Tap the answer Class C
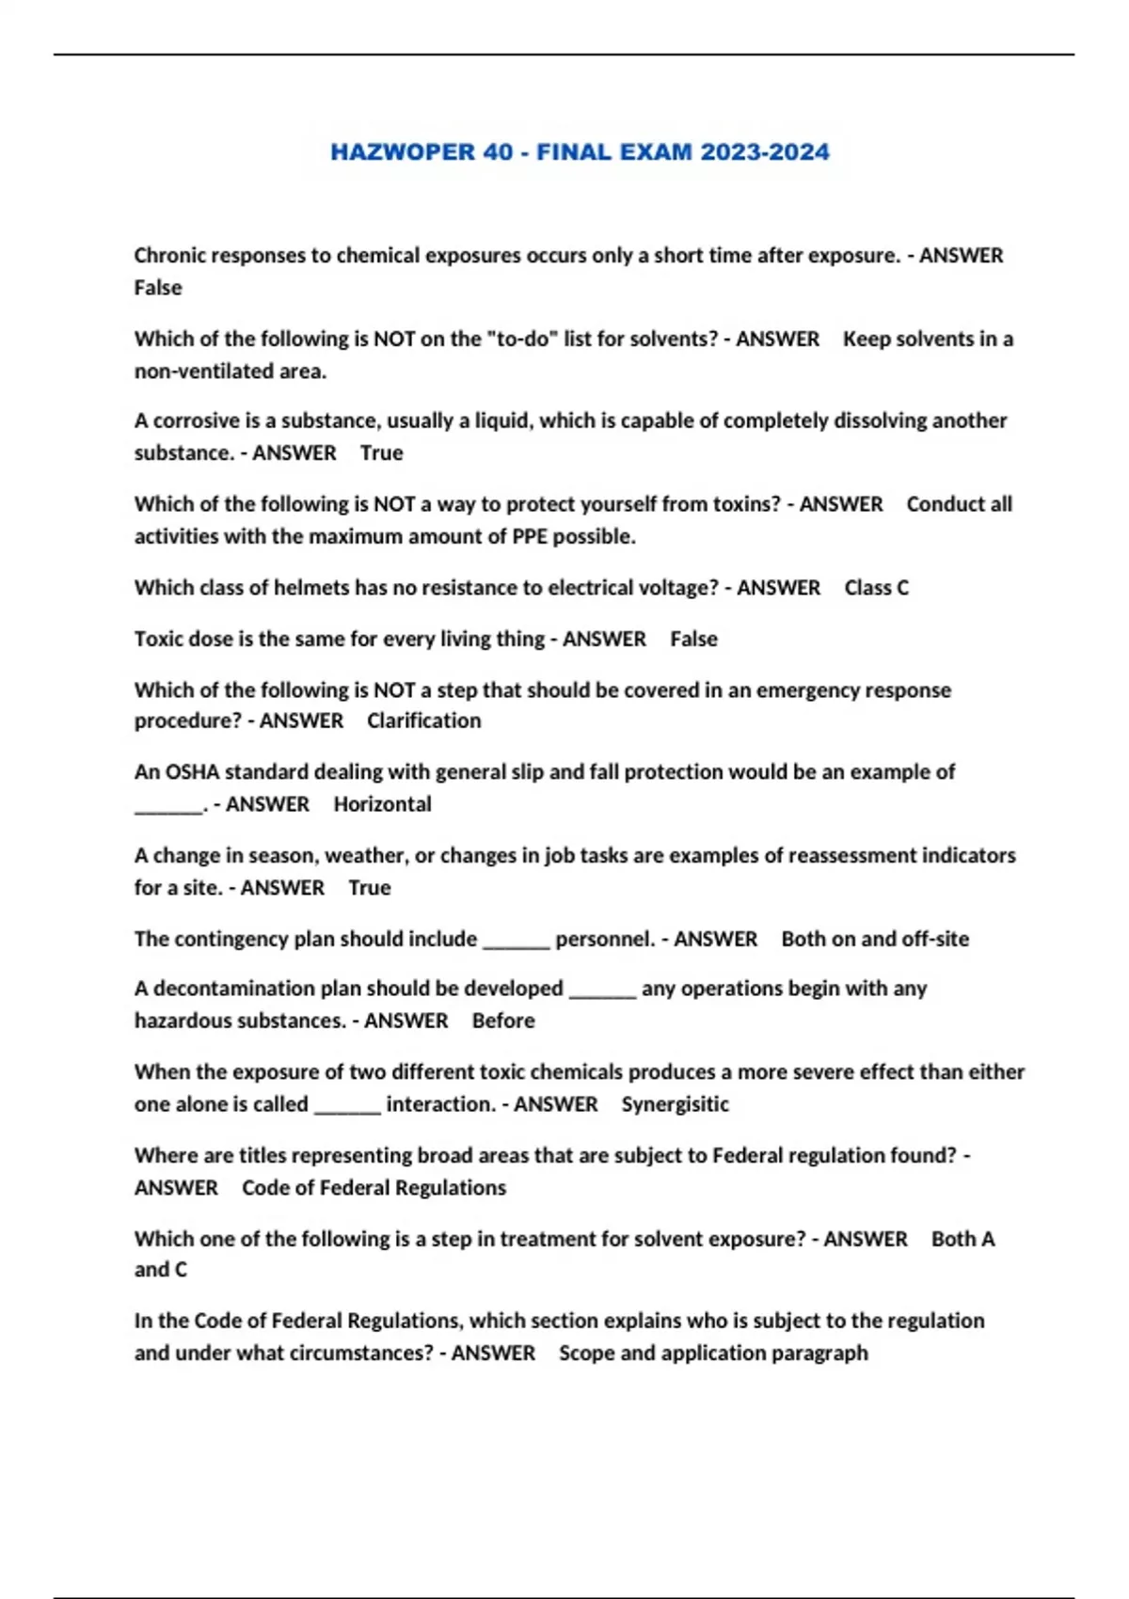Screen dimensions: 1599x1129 876,588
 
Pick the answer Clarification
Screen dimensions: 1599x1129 423,720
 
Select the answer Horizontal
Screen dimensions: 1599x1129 382,804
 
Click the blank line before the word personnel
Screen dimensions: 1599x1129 516,941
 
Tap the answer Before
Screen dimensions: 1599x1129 502,1021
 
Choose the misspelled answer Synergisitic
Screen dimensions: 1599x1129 675,1104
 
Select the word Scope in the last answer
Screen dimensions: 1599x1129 586,1353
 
